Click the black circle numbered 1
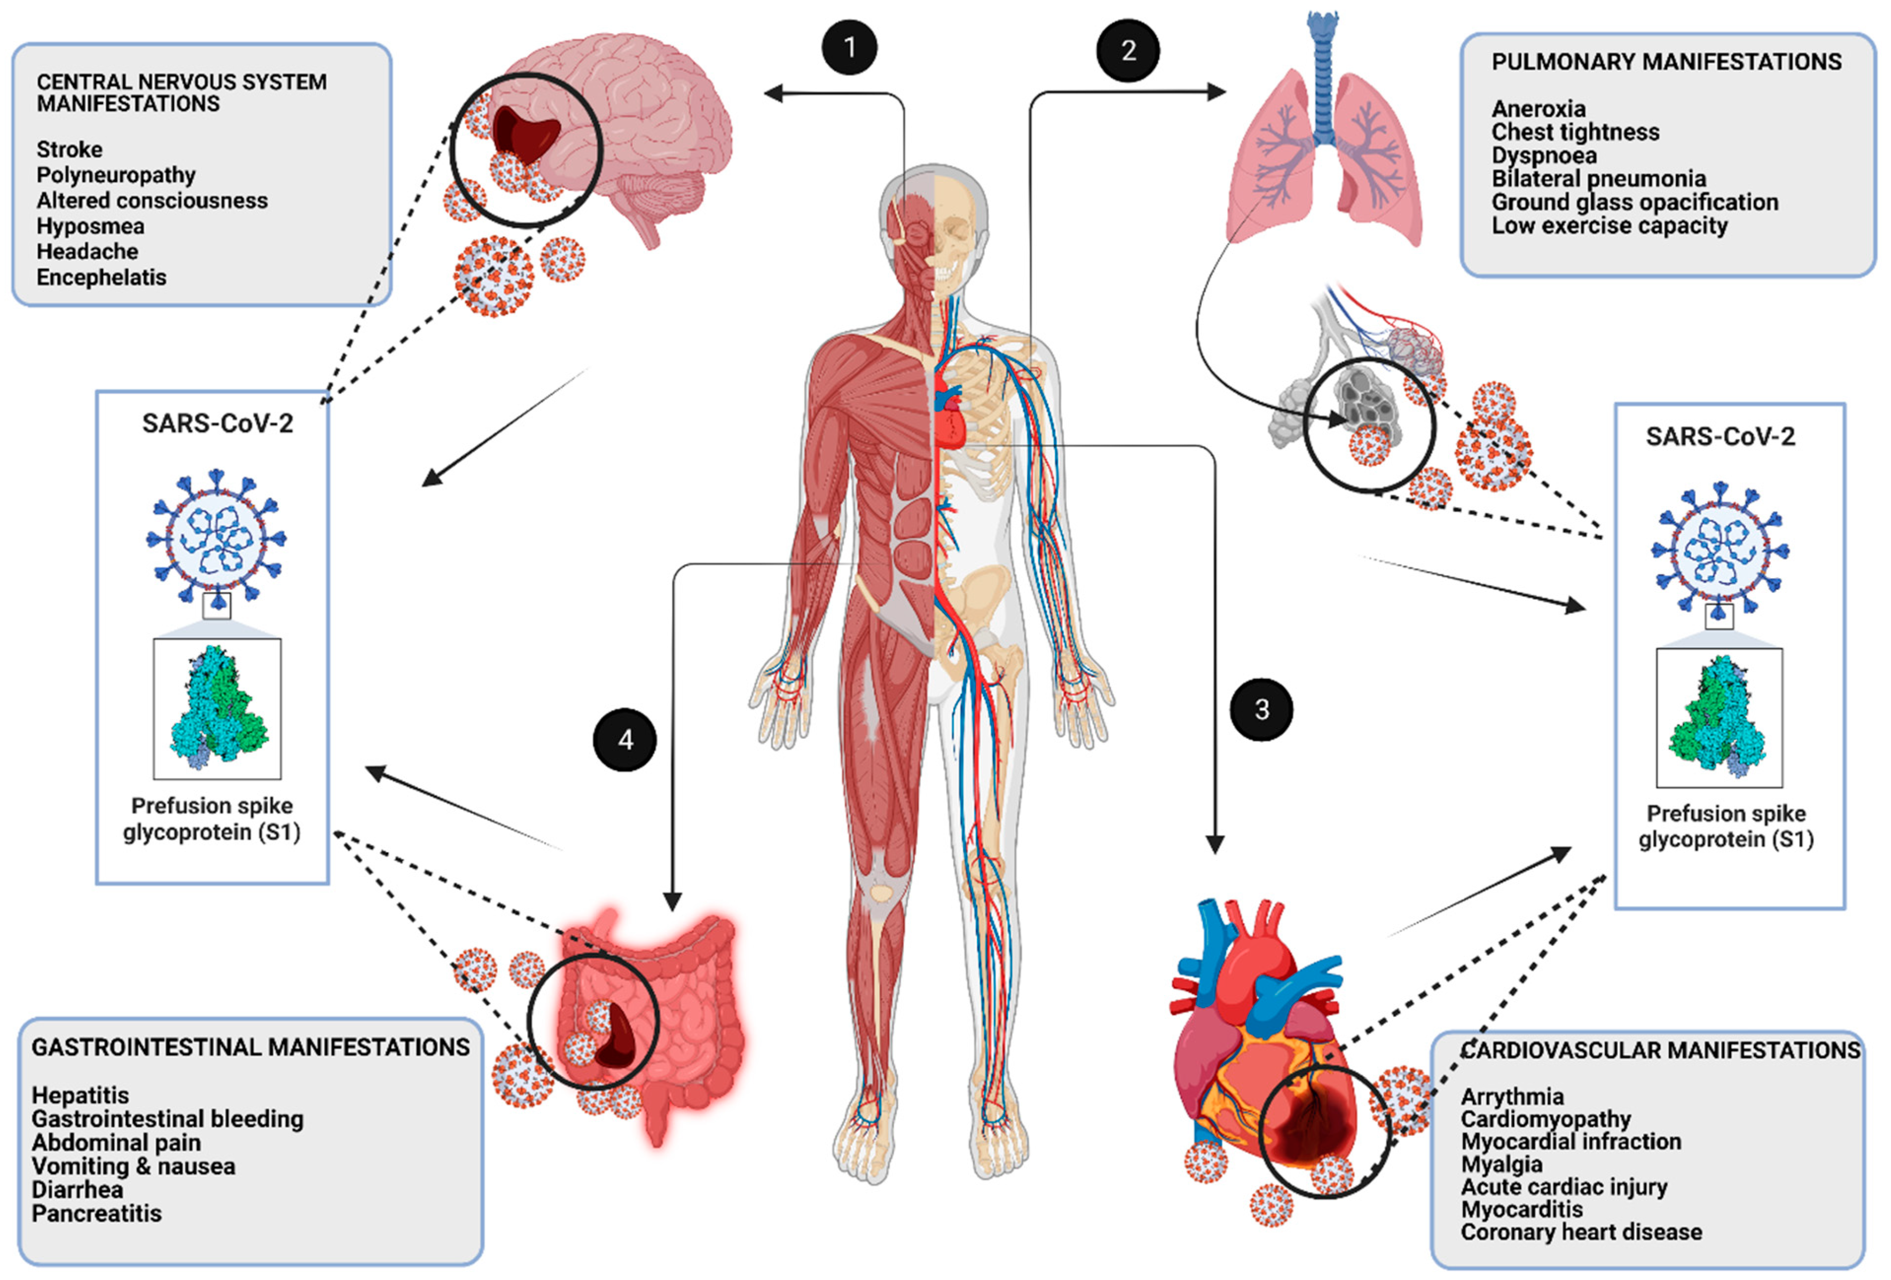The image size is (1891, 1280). pyautogui.click(x=849, y=47)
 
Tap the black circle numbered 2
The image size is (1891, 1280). pyautogui.click(x=1128, y=50)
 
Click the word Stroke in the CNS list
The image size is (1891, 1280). pyautogui.click(x=69, y=150)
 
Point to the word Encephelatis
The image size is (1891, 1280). pyautogui.click(x=101, y=277)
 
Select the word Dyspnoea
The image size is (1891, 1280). pyautogui.click(x=1543, y=155)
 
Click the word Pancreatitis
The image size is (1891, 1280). pyautogui.click(x=96, y=1213)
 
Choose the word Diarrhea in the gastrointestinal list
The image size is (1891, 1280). pyautogui.click(x=77, y=1190)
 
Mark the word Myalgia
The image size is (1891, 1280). pyautogui.click(x=1501, y=1165)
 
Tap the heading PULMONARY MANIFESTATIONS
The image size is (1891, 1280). pyautogui.click(x=1666, y=62)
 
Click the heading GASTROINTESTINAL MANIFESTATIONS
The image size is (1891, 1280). pyautogui.click(x=250, y=1047)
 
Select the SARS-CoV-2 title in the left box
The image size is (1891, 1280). pyautogui.click(x=217, y=424)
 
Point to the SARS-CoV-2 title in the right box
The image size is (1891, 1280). pyautogui.click(x=1719, y=437)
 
